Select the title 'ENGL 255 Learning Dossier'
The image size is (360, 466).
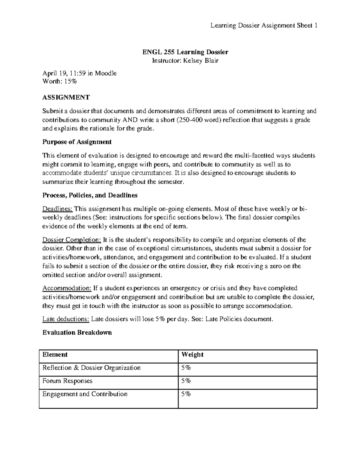(185, 52)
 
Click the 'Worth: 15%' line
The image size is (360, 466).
(60, 81)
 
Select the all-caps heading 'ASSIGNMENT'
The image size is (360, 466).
(66, 97)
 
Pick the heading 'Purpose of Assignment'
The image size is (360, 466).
(77, 142)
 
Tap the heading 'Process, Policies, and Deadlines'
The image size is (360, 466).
(90, 195)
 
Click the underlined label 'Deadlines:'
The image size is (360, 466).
(57, 209)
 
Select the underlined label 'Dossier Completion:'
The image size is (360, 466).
(72, 240)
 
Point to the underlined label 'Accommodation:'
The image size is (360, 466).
(67, 288)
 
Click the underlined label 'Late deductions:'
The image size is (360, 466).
(66, 319)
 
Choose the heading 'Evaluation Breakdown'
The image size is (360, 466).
(77, 332)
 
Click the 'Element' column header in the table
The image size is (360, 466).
(55, 355)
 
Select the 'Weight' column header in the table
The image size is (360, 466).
(192, 355)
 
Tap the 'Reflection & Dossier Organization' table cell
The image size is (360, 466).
(91, 368)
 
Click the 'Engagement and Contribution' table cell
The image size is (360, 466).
(85, 394)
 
